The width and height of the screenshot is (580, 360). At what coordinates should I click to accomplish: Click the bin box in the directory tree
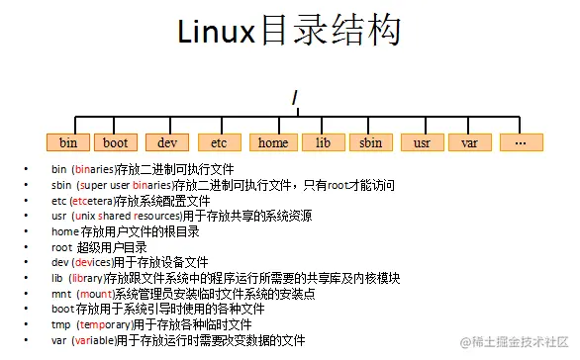click(x=68, y=142)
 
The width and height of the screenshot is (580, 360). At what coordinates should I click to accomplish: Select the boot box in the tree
click(x=117, y=142)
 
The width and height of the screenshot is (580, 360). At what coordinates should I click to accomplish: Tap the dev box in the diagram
click(x=167, y=142)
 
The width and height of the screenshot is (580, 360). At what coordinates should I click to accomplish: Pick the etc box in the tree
click(x=219, y=142)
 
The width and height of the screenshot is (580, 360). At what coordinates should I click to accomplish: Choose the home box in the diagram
click(x=272, y=142)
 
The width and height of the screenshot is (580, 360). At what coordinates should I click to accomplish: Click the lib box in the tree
click(x=323, y=142)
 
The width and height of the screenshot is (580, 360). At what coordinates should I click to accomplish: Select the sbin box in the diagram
click(x=371, y=142)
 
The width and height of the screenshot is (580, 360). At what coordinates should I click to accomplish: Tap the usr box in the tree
click(x=422, y=142)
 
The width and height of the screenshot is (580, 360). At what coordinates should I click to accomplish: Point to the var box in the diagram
click(x=469, y=142)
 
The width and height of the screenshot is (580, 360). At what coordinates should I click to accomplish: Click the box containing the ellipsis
click(x=521, y=142)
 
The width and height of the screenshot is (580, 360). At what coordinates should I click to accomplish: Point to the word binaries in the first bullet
click(x=95, y=170)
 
